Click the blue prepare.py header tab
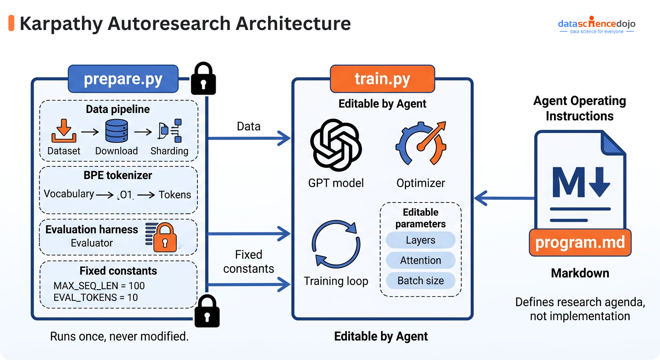(x=123, y=79)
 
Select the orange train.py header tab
(x=382, y=79)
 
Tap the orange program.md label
(x=580, y=242)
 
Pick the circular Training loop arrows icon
(x=336, y=245)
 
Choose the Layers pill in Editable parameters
(x=420, y=240)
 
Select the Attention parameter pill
(x=420, y=260)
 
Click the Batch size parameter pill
(x=420, y=281)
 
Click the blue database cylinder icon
(x=116, y=131)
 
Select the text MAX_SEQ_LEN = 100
(x=99, y=285)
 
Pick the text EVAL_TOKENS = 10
(x=96, y=297)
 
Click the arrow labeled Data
(x=248, y=138)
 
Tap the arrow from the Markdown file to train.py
(x=504, y=198)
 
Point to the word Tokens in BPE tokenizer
(x=174, y=195)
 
